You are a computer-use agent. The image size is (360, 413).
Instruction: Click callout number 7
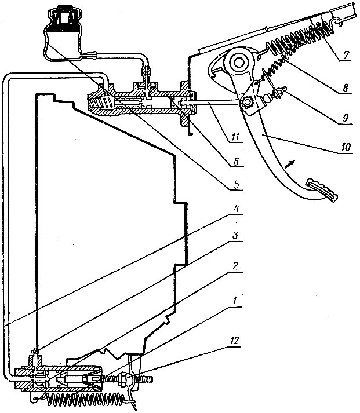[x=347, y=55]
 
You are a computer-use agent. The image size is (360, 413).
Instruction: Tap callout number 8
[x=346, y=87]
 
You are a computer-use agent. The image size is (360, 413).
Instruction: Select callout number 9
[x=346, y=118]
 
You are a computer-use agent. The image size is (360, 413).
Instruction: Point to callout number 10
[x=346, y=147]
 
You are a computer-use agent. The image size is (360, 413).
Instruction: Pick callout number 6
[x=235, y=161]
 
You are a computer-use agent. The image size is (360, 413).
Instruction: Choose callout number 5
[x=236, y=184]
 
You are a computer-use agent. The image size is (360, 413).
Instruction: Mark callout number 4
[x=236, y=210]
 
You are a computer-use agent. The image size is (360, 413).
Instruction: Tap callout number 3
[x=235, y=235]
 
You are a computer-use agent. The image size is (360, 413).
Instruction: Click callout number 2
[x=235, y=266]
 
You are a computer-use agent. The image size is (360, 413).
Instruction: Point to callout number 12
[x=234, y=341]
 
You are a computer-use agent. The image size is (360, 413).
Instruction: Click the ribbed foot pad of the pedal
[x=322, y=190]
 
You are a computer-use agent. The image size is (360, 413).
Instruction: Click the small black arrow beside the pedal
[x=289, y=165]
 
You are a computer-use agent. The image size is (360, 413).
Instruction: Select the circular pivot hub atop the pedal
[x=239, y=63]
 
